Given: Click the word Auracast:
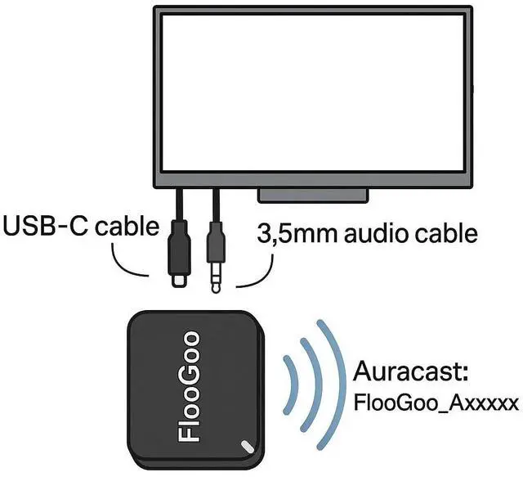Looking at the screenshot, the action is click(x=410, y=373).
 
